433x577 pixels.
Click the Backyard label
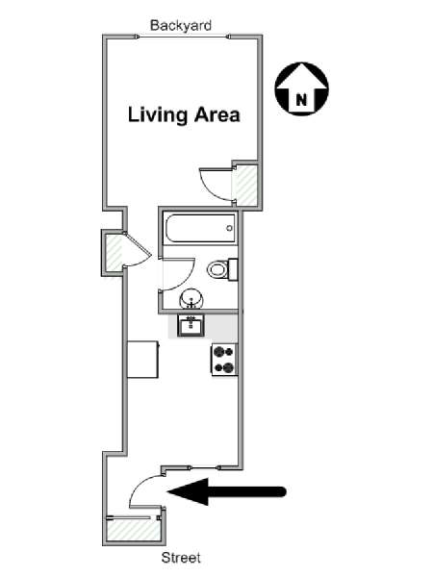coord(181,25)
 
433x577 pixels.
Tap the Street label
coord(181,558)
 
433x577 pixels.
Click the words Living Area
coord(184,114)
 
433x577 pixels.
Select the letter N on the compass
coord(301,99)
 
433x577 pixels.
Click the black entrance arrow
coord(226,491)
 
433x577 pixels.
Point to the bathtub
coord(200,228)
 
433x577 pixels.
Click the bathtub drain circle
coord(229,228)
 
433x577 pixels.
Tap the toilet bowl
coord(218,269)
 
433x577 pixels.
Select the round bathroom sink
coord(191,298)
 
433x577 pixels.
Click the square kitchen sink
coord(191,326)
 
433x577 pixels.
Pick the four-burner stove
coord(224,360)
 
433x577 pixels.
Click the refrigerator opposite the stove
coord(143,359)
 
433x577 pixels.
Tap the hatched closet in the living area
coord(245,185)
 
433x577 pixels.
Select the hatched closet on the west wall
coord(115,253)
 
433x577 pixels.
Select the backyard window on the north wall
coord(183,37)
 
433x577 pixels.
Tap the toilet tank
coord(233,269)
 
